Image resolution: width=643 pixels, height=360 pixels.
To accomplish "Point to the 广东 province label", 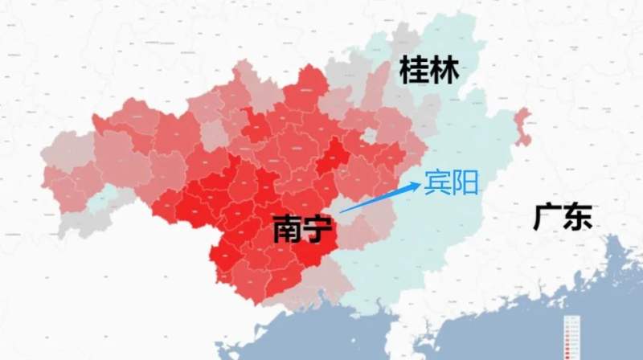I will tap(563, 217).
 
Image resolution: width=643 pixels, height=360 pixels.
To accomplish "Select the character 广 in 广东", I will tap(547, 217).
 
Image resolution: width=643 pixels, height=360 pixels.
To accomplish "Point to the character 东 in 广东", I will tap(578, 217).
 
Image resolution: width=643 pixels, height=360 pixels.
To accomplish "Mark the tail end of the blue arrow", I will tap(341, 211).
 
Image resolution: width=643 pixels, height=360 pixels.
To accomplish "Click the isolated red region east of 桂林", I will tap(523, 127).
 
